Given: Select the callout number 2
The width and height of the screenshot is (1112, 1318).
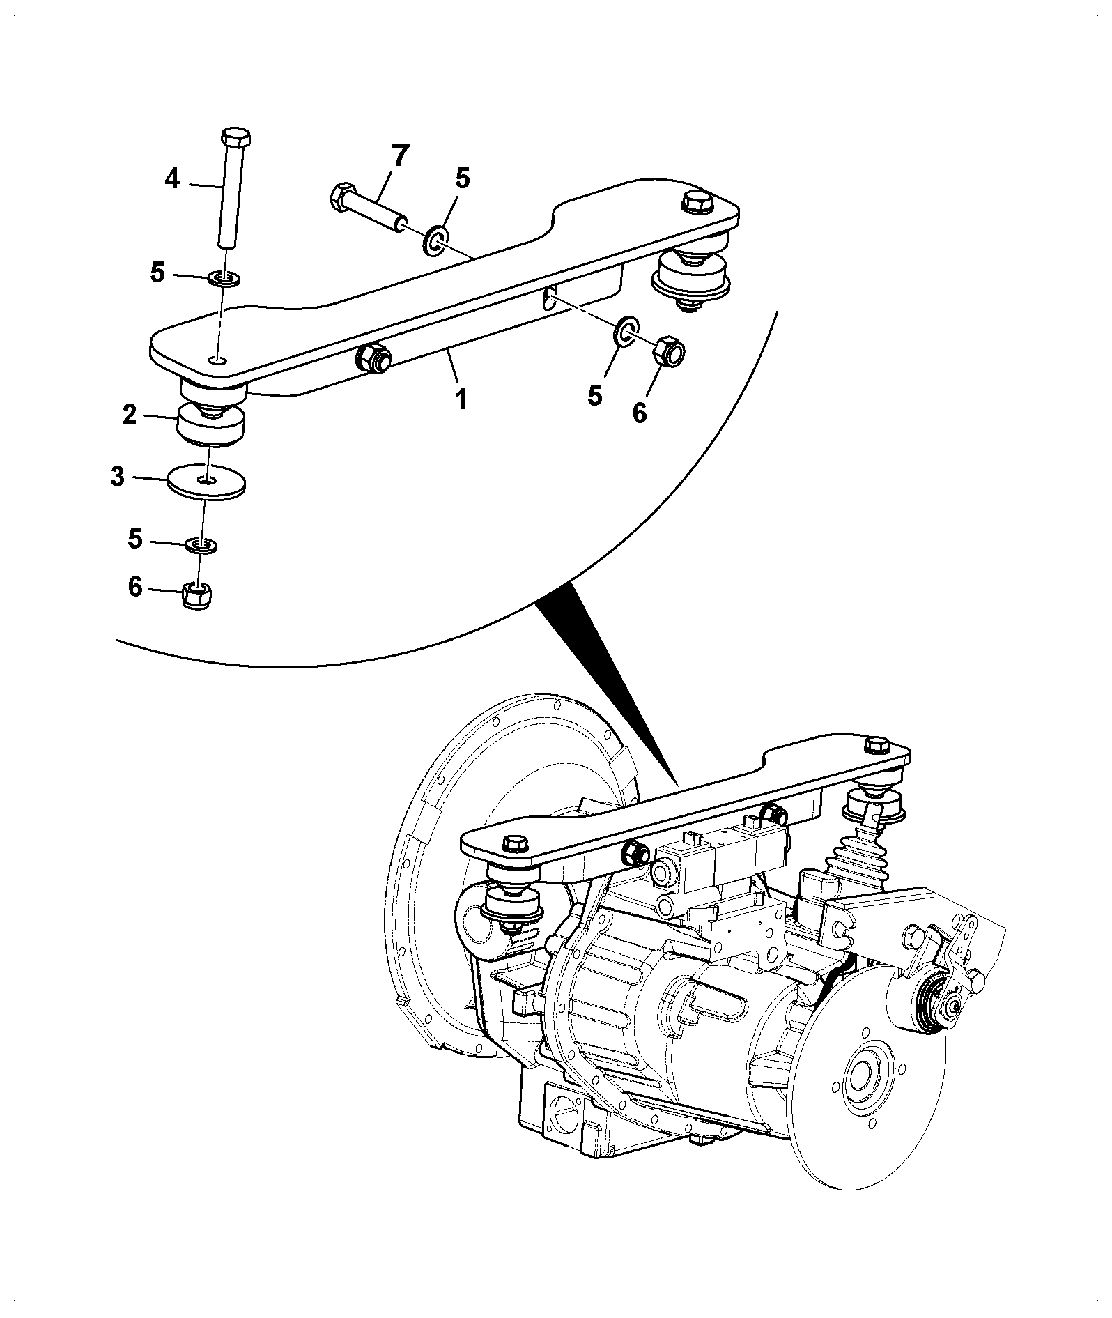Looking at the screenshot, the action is [129, 415].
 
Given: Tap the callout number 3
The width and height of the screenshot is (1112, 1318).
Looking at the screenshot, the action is [117, 477].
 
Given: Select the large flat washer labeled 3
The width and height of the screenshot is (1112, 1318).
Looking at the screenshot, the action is [206, 482].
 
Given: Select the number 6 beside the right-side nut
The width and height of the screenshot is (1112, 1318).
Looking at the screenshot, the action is [639, 413].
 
